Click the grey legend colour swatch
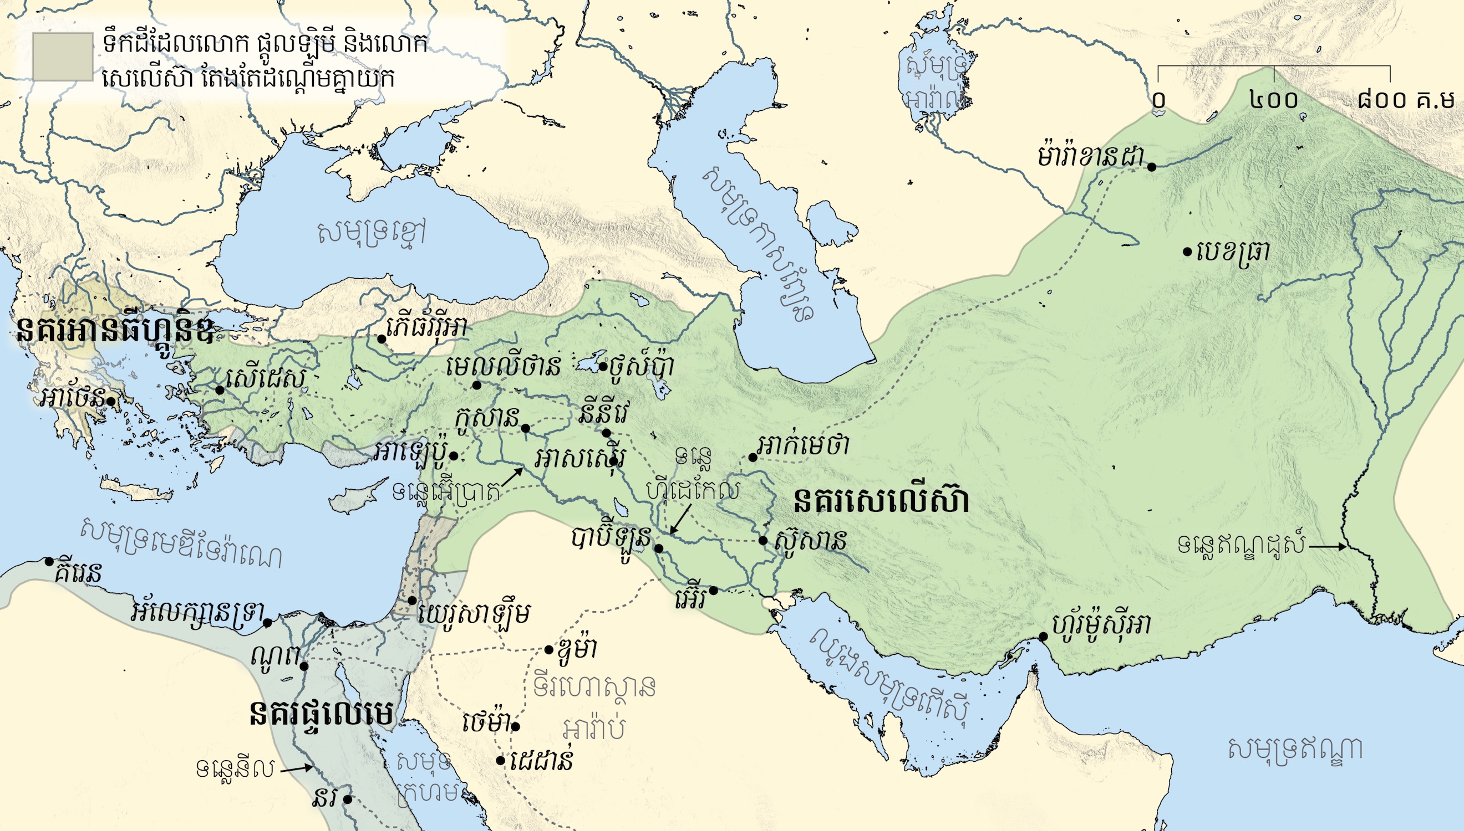62,57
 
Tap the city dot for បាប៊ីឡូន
658,548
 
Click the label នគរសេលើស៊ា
881,502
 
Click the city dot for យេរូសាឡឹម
412,601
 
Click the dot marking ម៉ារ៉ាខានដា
1152,167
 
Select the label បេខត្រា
1233,251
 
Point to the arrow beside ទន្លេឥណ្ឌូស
1327,547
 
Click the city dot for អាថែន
111,401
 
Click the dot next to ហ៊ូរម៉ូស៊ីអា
1044,637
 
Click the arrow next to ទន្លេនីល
296,768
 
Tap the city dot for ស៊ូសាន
763,540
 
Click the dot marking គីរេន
50,561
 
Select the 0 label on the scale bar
1158,100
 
